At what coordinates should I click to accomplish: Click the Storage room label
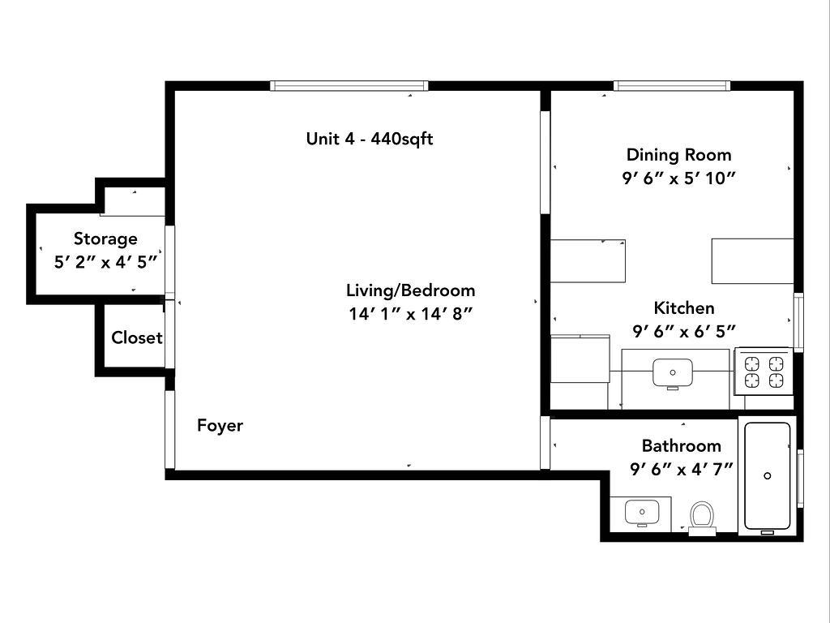tap(105, 239)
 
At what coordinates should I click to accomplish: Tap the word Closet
tap(136, 337)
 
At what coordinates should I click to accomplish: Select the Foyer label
tap(220, 425)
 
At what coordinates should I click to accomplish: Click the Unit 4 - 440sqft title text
tap(370, 139)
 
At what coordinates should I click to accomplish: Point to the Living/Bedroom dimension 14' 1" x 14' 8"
tap(410, 314)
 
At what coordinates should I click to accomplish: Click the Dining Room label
tap(678, 155)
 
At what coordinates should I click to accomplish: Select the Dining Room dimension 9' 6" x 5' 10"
tap(678, 178)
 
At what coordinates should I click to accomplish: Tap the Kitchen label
tap(684, 307)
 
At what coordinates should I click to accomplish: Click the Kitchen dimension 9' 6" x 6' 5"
tap(684, 331)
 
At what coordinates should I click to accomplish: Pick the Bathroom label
tap(681, 445)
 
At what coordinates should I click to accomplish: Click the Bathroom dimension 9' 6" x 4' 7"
tap(681, 469)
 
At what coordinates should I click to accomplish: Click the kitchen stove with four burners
tap(764, 372)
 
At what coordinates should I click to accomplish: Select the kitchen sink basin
tap(673, 373)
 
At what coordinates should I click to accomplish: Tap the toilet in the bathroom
tap(703, 518)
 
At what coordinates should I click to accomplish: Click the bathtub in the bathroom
tap(768, 476)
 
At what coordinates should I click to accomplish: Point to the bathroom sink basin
tap(642, 513)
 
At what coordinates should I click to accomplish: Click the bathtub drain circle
tap(768, 475)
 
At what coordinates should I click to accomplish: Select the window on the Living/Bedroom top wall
tap(349, 86)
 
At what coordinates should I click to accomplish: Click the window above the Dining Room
tap(672, 86)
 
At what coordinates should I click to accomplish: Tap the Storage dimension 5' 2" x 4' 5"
tap(106, 262)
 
